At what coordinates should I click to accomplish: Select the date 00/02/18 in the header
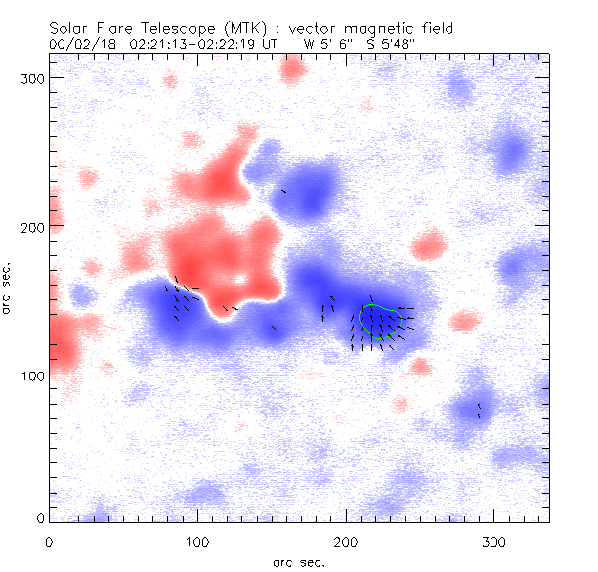[83, 44]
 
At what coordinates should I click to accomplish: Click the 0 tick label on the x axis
[49, 541]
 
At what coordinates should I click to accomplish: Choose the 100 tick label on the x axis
[197, 541]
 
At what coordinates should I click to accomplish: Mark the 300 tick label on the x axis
[494, 541]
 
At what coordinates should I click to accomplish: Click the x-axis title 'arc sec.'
[298, 562]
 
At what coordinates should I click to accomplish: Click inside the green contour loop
[381, 322]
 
